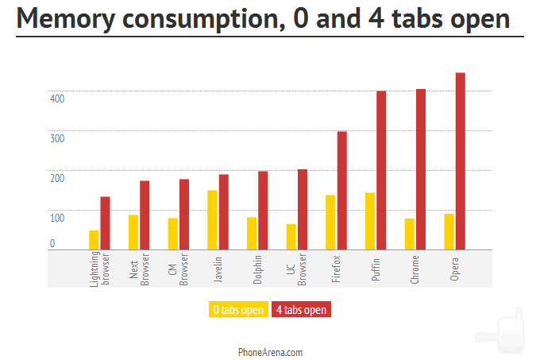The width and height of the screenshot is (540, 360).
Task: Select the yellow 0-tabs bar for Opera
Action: (449, 231)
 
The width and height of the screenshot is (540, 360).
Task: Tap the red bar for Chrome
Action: (421, 169)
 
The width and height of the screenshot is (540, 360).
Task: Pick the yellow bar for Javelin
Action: (212, 220)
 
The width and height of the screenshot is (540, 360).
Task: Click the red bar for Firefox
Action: (342, 191)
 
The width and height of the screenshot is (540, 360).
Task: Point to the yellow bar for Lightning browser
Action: (94, 240)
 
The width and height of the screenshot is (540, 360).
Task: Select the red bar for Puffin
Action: (381, 170)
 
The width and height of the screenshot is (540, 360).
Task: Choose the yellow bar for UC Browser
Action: (291, 237)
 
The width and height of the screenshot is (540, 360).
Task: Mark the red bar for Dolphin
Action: (263, 211)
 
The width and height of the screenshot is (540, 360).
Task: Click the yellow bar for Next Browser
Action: (133, 232)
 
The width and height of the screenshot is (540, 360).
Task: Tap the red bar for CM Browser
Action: (184, 215)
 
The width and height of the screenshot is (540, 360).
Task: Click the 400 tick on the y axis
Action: (57, 99)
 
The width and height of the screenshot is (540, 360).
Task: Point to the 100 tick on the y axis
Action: (57, 218)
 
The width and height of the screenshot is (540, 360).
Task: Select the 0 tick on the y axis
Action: (52, 244)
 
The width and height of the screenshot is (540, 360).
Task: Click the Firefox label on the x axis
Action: (337, 269)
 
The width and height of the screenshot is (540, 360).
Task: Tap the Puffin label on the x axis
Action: (376, 267)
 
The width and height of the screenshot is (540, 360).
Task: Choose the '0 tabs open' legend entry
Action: (237, 309)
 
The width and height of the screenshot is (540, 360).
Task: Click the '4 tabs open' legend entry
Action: (301, 309)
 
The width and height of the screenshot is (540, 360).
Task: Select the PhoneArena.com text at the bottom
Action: (270, 351)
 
